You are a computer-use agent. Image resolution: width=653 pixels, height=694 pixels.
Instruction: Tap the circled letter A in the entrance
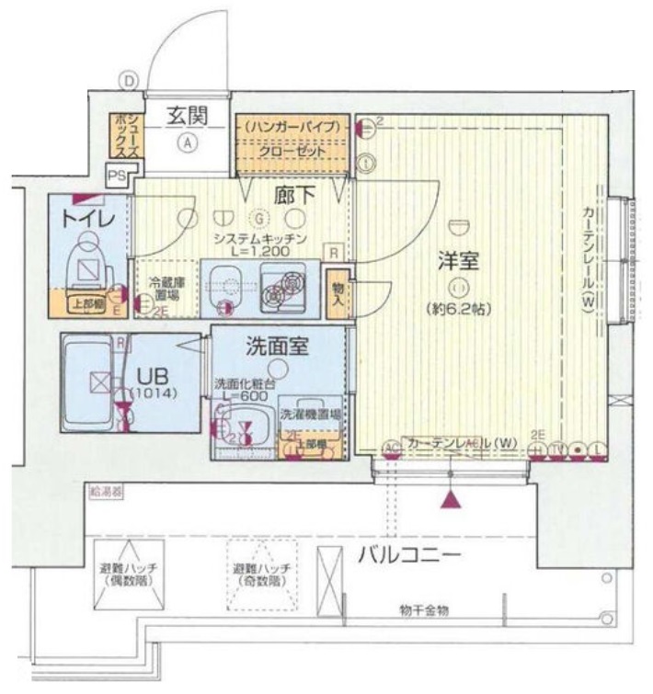pyautogui.click(x=187, y=142)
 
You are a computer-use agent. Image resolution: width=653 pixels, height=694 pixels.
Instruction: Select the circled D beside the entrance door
pyautogui.click(x=130, y=80)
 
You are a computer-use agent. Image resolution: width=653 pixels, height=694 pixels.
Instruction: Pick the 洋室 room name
pyautogui.click(x=457, y=260)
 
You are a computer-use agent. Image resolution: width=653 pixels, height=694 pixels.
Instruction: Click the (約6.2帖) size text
pyautogui.click(x=457, y=309)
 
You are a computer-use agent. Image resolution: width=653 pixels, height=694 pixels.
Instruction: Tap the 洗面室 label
pyautogui.click(x=276, y=347)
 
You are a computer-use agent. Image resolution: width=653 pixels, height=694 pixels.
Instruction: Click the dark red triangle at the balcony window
pyautogui.click(x=451, y=499)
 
